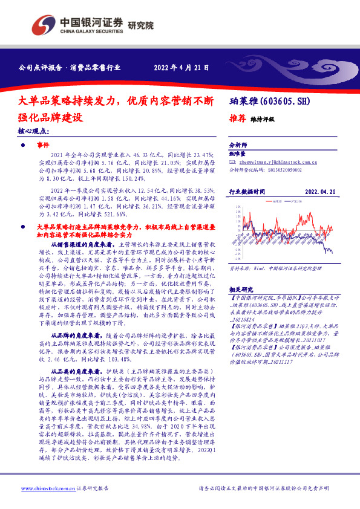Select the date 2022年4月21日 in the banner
[181, 68]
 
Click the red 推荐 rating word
[237, 118]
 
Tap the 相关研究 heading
[240, 289]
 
